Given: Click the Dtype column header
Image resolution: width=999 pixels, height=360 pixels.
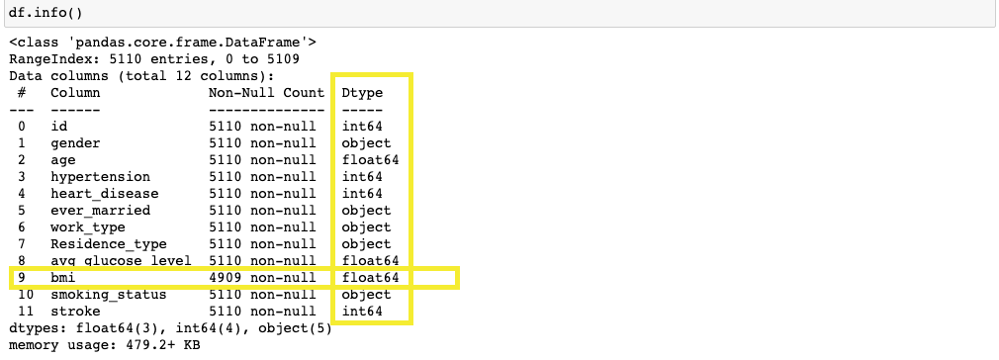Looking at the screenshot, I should point(362,92).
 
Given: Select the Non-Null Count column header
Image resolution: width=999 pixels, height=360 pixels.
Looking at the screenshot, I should point(266,92).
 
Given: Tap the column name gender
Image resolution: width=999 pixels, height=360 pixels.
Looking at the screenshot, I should point(75,142).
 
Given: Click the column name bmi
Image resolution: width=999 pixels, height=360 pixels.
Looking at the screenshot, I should point(63,278).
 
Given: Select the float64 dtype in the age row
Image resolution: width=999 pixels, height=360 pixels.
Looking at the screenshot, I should point(370,159).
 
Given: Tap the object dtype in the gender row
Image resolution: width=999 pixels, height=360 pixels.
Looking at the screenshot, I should point(366,142).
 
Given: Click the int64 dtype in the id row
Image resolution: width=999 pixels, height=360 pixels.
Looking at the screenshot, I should point(362,126).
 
